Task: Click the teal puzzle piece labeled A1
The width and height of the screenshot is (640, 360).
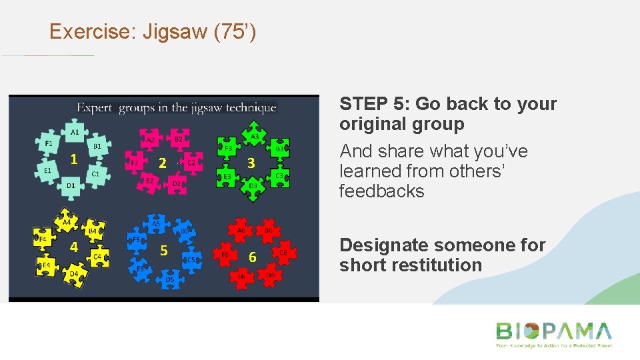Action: tap(75, 132)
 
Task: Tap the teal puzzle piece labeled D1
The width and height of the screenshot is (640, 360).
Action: tap(71, 185)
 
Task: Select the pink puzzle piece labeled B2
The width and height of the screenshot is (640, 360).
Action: tap(177, 139)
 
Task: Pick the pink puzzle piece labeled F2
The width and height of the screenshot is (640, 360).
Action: tap(135, 163)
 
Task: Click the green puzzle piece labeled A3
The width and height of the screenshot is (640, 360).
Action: tap(254, 136)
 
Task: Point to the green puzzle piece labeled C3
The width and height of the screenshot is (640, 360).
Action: tap(279, 175)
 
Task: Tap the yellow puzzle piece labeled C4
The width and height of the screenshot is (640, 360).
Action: tap(97, 256)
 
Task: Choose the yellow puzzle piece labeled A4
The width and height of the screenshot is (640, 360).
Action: tap(67, 222)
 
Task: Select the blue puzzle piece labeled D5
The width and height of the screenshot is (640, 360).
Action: tap(170, 279)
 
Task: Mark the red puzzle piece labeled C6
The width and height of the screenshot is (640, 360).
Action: tap(283, 253)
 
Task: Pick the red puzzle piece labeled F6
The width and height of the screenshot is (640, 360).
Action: tap(225, 254)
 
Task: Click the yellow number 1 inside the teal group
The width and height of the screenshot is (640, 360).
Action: tap(75, 159)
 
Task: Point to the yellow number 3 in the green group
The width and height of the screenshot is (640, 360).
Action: tap(251, 162)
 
